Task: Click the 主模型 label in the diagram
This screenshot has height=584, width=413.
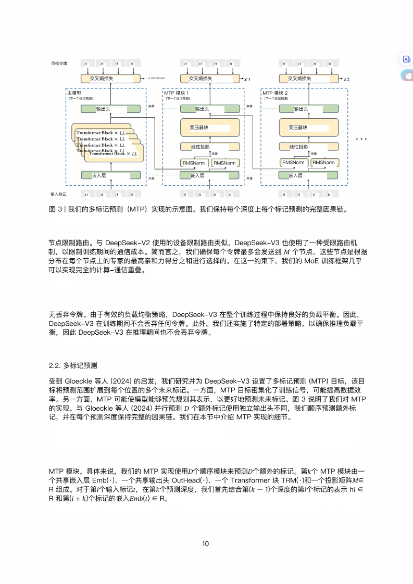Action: [74, 93]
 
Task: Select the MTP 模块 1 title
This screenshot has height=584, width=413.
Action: [176, 93]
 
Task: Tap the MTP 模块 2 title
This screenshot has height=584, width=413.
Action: [275, 93]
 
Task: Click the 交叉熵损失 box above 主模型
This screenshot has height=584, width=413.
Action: [110, 78]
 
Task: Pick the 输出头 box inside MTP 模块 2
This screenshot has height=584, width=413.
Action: [308, 109]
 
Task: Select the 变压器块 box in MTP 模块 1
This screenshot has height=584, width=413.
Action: [210, 127]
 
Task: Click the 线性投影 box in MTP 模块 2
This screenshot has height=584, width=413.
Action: [308, 147]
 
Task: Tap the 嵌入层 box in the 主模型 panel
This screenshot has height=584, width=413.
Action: [110, 175]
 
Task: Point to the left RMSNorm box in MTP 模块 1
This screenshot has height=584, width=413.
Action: [194, 163]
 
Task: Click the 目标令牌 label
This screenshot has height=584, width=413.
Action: [59, 63]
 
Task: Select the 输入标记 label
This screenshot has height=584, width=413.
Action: [59, 194]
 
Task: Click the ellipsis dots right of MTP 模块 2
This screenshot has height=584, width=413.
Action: [361, 139]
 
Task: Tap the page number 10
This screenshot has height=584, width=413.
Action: [205, 544]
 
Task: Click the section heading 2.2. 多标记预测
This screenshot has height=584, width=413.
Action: [73, 365]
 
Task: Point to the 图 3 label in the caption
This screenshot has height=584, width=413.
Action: [55, 209]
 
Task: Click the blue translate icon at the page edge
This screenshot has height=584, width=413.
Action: [406, 59]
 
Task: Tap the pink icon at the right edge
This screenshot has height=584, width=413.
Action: [407, 75]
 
